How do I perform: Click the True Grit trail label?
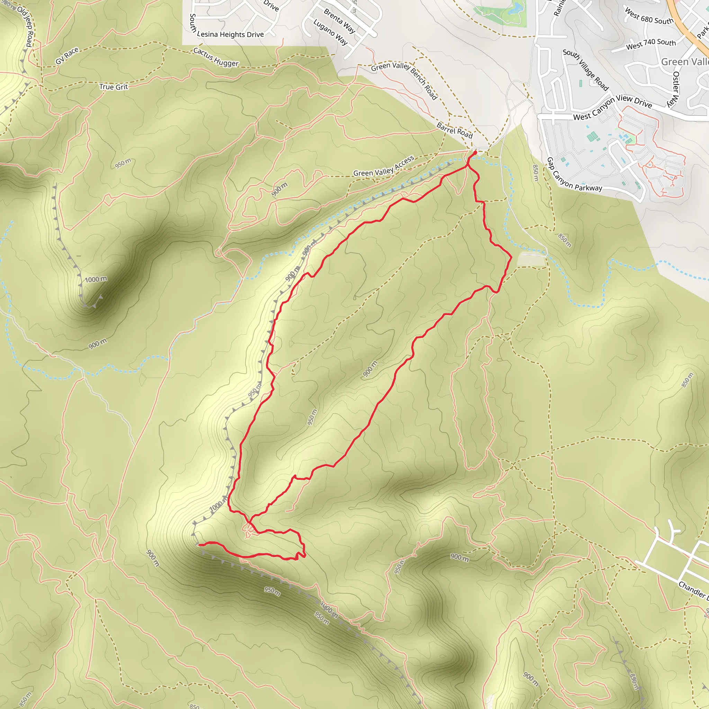pos(114,87)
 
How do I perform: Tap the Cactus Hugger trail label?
pos(216,57)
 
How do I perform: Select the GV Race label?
pos(67,56)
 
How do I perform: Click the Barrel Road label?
pos(454,130)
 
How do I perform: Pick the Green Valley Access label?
pos(384,167)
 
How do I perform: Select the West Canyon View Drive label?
pos(612,107)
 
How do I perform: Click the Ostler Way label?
pos(676,89)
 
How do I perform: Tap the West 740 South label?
pos(650,44)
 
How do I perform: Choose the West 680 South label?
pos(649,17)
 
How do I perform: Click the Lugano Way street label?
pos(330,32)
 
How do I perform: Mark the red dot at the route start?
pos(475,152)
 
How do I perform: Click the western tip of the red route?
pos(199,545)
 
